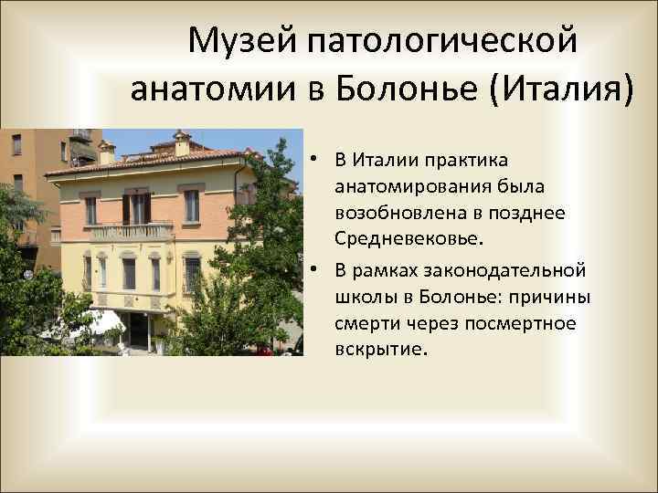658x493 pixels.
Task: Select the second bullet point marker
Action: click(313, 269)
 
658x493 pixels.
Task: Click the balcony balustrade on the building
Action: click(133, 231)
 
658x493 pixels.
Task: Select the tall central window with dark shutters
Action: click(136, 208)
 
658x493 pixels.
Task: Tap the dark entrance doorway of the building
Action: click(138, 330)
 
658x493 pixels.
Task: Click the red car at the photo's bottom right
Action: click(264, 349)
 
